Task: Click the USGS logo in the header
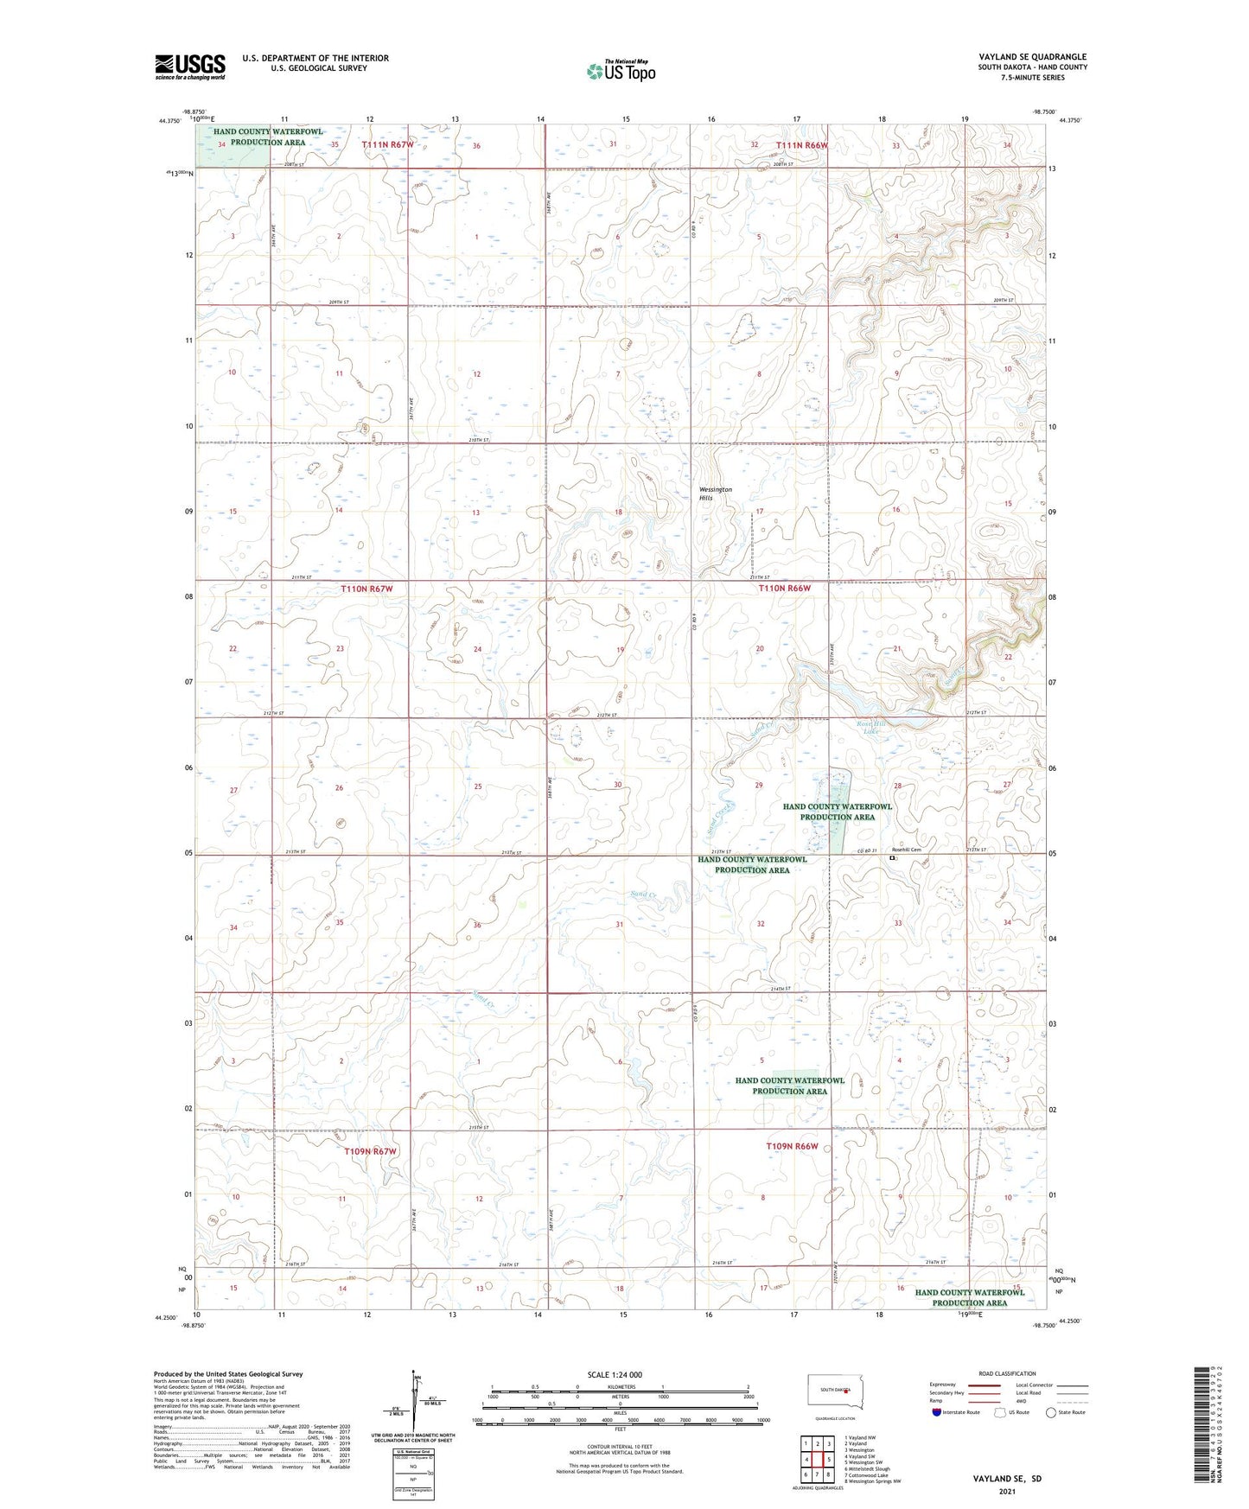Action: pyautogui.click(x=189, y=67)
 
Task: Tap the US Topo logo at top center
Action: pyautogui.click(x=620, y=71)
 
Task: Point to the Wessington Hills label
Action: pyautogui.click(x=715, y=493)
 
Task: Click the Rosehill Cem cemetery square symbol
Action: pyautogui.click(x=892, y=858)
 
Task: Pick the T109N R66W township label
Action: pyautogui.click(x=791, y=1146)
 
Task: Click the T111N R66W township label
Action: pyautogui.click(x=801, y=145)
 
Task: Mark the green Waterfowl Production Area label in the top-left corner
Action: pyautogui.click(x=267, y=137)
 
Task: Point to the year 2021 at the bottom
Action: pyautogui.click(x=1005, y=1491)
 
